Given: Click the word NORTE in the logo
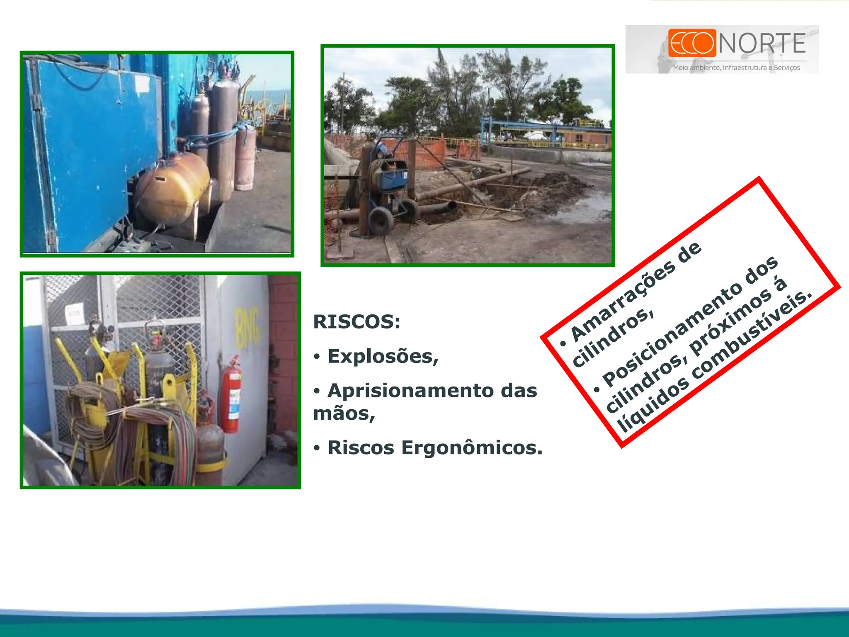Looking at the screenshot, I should (x=762, y=43).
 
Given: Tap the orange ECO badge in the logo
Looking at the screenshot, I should (x=692, y=43).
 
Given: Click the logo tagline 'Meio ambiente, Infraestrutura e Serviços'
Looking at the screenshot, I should (x=736, y=68).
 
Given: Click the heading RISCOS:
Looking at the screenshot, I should (x=357, y=322).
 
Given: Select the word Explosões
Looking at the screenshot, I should (x=382, y=356).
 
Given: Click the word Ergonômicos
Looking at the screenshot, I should (x=471, y=447).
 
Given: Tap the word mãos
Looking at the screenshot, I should (x=343, y=413).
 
